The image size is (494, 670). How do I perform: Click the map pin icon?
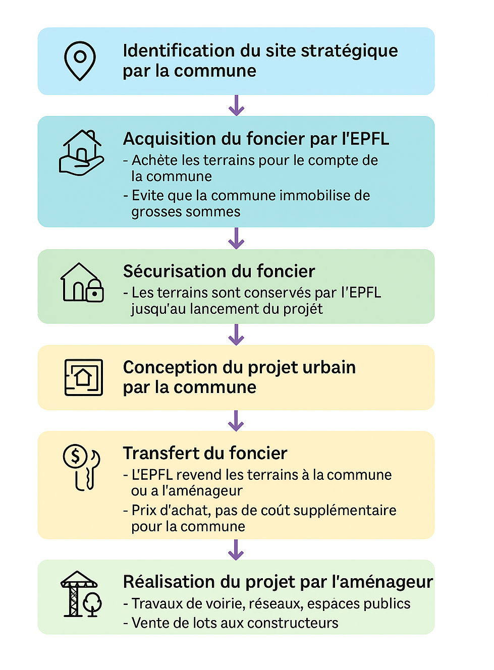coord(80,61)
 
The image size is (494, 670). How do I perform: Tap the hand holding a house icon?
coord(81,152)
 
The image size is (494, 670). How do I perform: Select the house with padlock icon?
coord(82,283)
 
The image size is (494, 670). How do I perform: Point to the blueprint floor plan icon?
coord(84,377)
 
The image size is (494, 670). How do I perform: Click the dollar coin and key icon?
coord(81,467)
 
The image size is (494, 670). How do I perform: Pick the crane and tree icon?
coord(81,594)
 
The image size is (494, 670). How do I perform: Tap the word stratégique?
coord(349,51)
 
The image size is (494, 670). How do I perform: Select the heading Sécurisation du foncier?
coord(219,271)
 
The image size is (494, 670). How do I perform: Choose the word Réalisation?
coord(169,582)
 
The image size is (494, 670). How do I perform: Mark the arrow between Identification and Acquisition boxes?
coord(236,105)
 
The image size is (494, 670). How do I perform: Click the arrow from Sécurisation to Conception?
coord(236,334)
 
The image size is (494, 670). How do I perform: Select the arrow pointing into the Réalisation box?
coord(236,550)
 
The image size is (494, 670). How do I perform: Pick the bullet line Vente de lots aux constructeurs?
coord(231,623)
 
